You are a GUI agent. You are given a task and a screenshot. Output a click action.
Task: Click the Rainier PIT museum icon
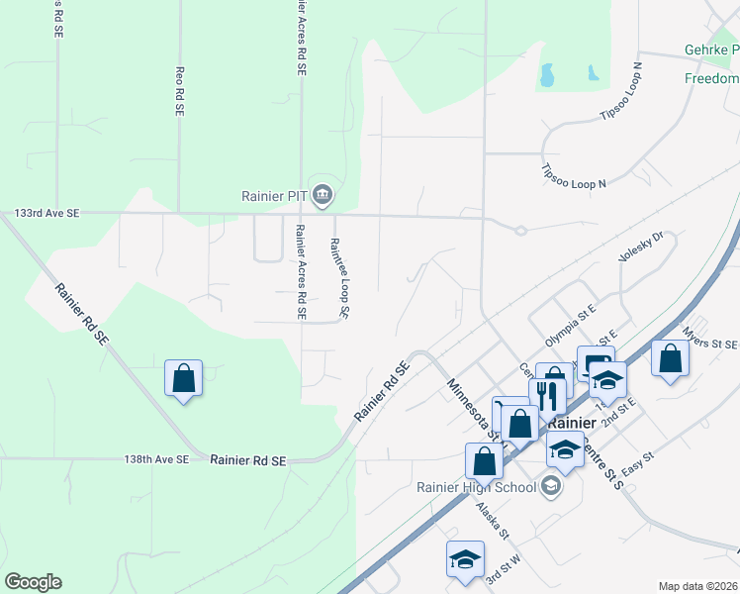(x=322, y=195)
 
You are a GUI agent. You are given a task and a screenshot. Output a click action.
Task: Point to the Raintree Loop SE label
(x=339, y=279)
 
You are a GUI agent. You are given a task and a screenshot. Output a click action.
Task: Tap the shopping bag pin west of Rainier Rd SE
(x=183, y=378)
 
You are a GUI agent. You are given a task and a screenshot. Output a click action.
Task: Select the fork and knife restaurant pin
(x=546, y=395)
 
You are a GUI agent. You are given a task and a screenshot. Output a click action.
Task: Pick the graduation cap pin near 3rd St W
(x=464, y=559)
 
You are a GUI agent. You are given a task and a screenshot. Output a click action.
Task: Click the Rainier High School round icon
(x=551, y=485)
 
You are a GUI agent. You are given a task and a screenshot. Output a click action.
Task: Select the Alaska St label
(x=491, y=520)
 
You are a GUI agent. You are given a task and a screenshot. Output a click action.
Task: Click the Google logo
(x=33, y=582)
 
